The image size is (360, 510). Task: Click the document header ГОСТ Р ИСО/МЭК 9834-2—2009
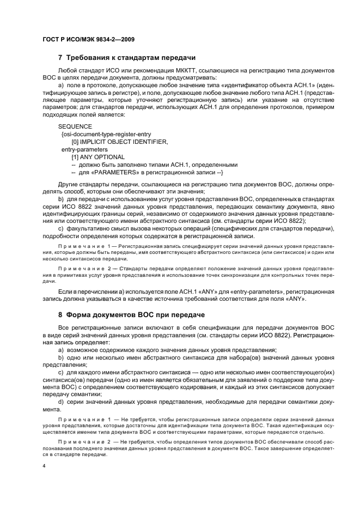(88, 40)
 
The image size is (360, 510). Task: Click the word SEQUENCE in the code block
(75, 126)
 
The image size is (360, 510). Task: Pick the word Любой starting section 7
(68, 71)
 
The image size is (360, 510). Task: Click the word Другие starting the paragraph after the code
(69, 184)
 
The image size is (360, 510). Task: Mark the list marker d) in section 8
(60, 402)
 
